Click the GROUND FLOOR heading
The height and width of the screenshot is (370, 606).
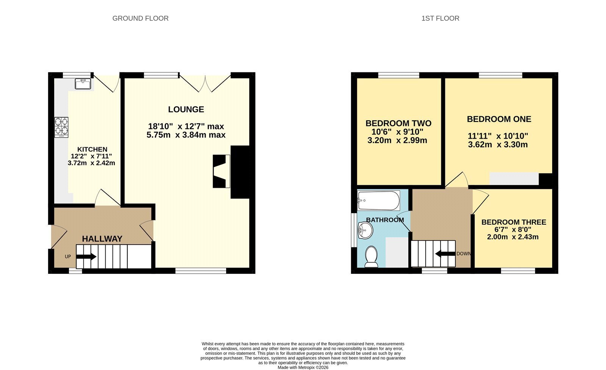point(141,19)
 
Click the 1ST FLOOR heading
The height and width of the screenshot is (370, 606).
point(440,19)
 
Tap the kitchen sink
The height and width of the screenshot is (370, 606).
point(83,84)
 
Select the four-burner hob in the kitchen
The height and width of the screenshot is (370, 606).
point(61,127)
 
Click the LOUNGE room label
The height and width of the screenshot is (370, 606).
point(186,109)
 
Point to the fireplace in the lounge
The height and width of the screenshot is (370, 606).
point(222,171)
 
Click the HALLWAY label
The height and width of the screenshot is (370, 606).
point(102,239)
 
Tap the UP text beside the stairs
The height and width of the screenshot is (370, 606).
point(68,256)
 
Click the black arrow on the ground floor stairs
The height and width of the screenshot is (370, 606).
point(86,256)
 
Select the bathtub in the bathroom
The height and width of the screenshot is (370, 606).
point(378,200)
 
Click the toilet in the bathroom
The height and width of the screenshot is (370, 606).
point(371,256)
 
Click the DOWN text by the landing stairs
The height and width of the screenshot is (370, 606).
point(464,254)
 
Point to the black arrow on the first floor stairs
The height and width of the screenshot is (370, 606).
point(445,254)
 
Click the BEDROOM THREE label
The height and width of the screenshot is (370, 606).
point(514,222)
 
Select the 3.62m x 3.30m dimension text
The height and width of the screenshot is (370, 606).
point(498,144)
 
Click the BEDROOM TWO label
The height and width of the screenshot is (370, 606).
point(398,123)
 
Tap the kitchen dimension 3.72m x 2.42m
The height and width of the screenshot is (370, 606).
point(91,163)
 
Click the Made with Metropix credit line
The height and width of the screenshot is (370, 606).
point(303,368)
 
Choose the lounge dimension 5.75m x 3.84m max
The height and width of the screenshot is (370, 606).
point(186,135)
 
